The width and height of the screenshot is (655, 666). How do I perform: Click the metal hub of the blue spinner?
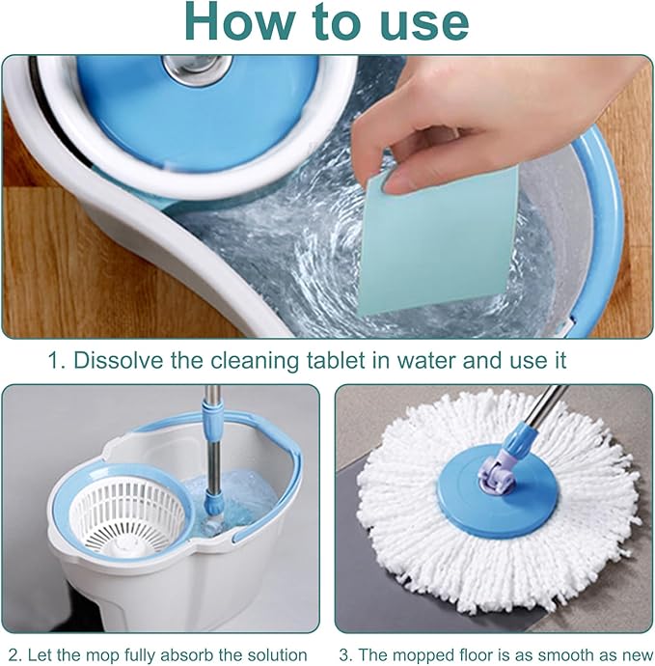pyautogui.click(x=198, y=68)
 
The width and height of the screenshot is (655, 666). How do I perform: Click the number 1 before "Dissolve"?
pyautogui.click(x=53, y=361)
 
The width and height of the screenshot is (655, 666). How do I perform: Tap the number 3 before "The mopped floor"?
pyautogui.click(x=343, y=655)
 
